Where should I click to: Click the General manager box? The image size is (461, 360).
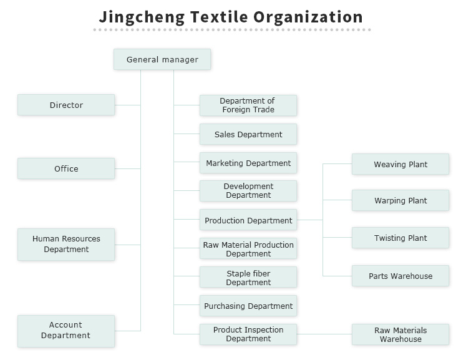[x=162, y=60]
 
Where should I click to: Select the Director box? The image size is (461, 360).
[x=66, y=105]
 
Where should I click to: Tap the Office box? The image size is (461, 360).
[x=66, y=168]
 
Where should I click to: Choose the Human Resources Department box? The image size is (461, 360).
[x=66, y=244]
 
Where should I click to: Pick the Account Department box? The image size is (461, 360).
[x=66, y=331]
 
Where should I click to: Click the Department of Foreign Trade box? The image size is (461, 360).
[x=248, y=105]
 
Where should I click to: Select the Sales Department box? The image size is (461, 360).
[x=248, y=134]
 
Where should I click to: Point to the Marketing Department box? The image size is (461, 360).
[x=248, y=163]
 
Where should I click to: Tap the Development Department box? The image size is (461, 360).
[x=248, y=191]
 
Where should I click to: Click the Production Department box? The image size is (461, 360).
[x=248, y=220]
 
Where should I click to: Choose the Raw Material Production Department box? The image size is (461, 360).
[x=248, y=249]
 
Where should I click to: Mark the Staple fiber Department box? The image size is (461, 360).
[x=248, y=278]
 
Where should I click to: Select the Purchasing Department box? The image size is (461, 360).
[x=248, y=306]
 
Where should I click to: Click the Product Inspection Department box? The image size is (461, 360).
[x=248, y=334]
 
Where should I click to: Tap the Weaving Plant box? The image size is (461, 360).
[x=400, y=165]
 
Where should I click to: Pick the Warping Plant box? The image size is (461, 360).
[x=400, y=201]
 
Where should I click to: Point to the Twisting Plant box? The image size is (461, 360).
[x=400, y=238]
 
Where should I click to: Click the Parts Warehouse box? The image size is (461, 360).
[x=400, y=276]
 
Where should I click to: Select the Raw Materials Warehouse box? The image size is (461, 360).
[x=400, y=334]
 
